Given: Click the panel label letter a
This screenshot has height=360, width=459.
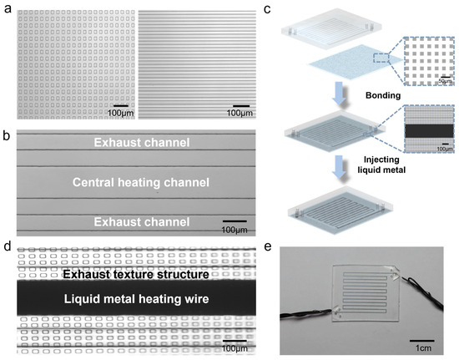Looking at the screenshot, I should click(8, 8).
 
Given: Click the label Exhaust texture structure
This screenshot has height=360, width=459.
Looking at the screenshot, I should click(135, 274).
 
